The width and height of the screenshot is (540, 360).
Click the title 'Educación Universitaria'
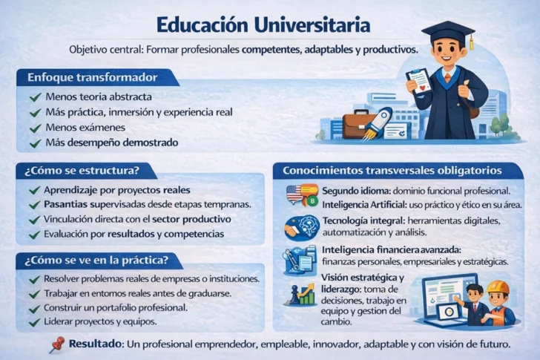(x=263, y=24)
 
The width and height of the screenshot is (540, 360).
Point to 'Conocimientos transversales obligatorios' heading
(x=392, y=170)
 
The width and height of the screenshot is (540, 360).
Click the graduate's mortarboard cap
(x=448, y=32)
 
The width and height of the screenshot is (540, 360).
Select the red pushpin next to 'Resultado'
(x=56, y=343)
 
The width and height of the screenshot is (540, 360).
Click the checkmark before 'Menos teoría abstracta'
(x=35, y=97)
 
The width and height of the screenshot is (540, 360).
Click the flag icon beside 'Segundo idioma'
(x=295, y=193)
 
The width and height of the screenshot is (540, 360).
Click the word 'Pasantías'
(x=68, y=204)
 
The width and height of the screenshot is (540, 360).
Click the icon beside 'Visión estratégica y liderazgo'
(x=300, y=294)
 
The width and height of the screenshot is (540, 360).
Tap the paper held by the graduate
(x=419, y=81)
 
